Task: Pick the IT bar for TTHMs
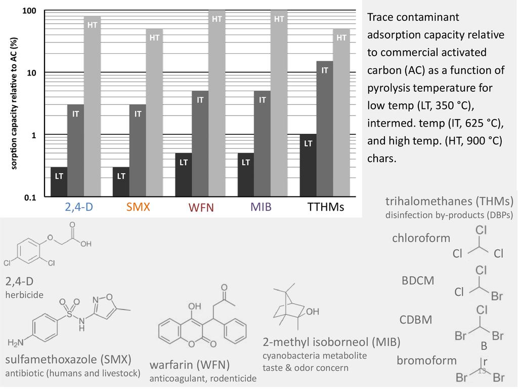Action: [x=325, y=129]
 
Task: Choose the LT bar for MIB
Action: [x=245, y=175]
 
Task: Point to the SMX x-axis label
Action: [x=139, y=207]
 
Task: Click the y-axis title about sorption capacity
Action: [x=15, y=103]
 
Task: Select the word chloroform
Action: [x=421, y=238]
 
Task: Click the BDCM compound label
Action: [x=418, y=280]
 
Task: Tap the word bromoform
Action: [x=426, y=361]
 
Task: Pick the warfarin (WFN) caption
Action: [x=190, y=365]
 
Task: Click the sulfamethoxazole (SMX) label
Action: [x=68, y=360]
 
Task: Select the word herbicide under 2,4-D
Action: [x=25, y=294]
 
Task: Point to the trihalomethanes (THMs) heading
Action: [x=449, y=201]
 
